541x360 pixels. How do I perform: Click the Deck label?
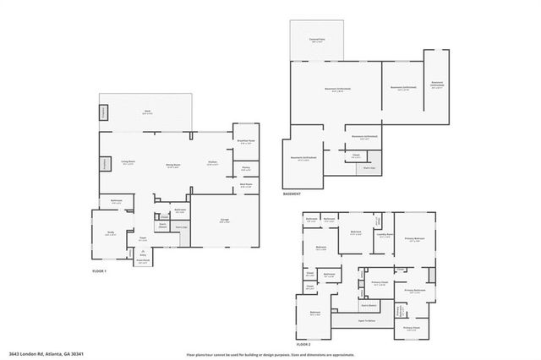point(146,112)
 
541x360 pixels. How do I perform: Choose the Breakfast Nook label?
point(246,141)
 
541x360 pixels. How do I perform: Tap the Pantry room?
point(246,167)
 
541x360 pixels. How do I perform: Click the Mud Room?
point(246,185)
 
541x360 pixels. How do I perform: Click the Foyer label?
point(143,239)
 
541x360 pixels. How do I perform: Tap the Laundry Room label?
point(385,236)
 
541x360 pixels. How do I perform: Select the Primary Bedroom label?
point(413,240)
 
